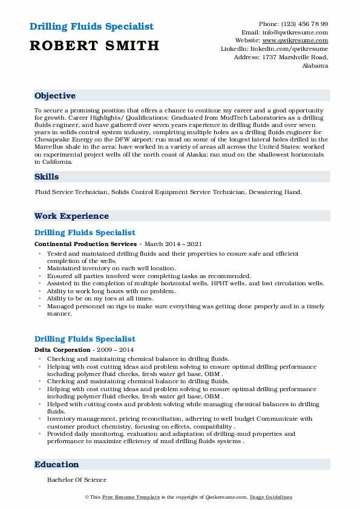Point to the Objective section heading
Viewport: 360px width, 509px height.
click(x=55, y=96)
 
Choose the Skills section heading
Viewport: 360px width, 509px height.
click(x=47, y=177)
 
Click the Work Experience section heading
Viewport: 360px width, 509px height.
click(x=71, y=216)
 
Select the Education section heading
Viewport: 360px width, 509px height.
click(x=57, y=464)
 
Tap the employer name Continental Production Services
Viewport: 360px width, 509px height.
click(x=85, y=244)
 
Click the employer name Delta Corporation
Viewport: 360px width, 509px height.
click(x=63, y=350)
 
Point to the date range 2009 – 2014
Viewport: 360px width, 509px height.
click(x=115, y=350)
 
